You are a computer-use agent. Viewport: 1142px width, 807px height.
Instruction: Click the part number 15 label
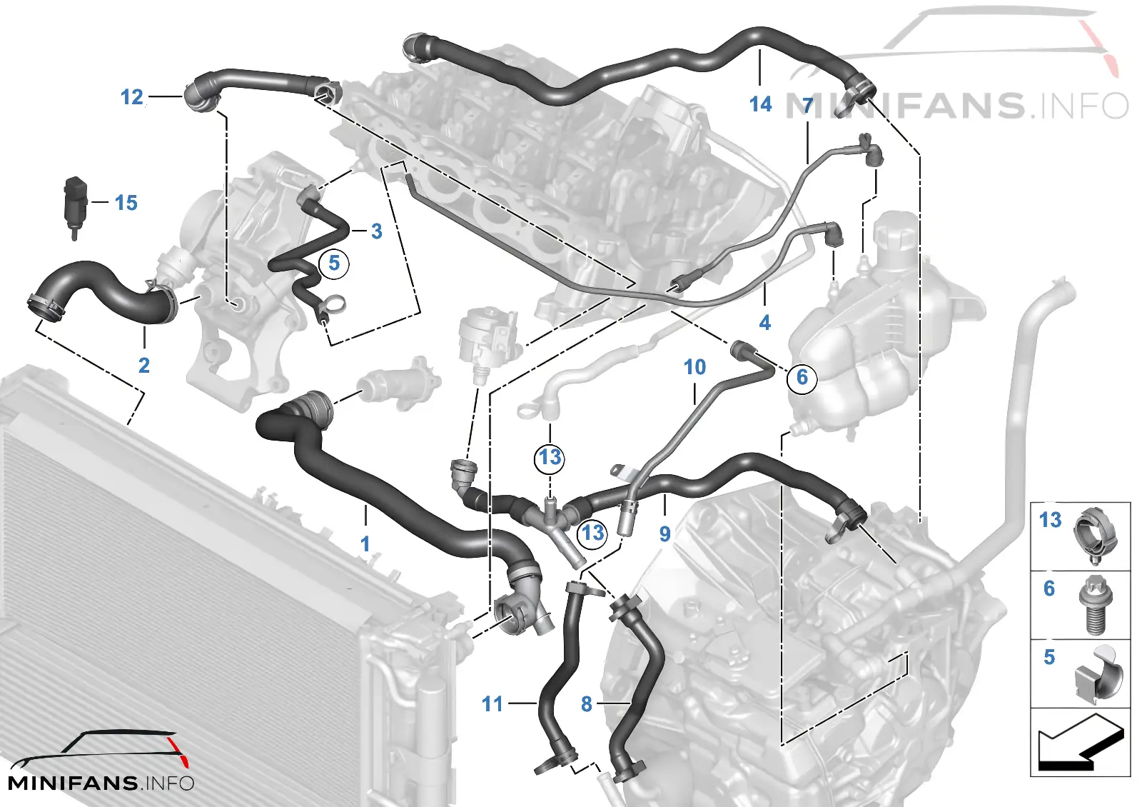[126, 203]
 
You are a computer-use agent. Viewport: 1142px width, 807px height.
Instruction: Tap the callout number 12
[131, 97]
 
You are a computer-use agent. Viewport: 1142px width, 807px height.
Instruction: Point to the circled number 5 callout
[334, 264]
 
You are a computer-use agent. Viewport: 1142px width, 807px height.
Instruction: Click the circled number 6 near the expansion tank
[802, 378]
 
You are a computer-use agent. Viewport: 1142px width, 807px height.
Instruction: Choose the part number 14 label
[760, 104]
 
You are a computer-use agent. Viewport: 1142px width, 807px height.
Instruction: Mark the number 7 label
[807, 106]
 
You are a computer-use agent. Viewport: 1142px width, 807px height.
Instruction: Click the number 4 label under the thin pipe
[764, 322]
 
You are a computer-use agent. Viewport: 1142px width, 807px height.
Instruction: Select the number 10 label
[695, 367]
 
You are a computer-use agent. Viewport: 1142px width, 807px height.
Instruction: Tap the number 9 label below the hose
[665, 533]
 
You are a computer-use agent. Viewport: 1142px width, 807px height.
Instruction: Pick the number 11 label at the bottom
[492, 704]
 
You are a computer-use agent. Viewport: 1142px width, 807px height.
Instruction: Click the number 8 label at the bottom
[586, 704]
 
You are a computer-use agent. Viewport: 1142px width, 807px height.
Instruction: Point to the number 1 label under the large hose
[365, 543]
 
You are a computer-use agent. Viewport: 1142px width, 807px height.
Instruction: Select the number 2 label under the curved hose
[144, 365]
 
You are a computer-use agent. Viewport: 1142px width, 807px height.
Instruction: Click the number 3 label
[377, 231]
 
